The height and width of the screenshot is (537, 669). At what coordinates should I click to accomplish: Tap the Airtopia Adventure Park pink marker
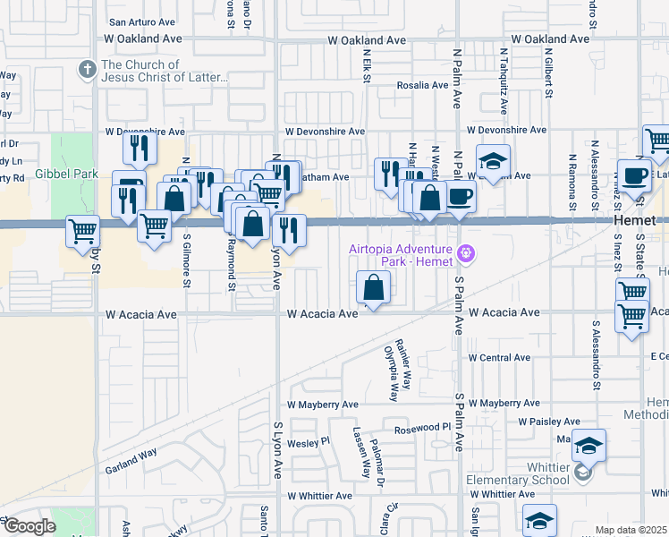coord(465,254)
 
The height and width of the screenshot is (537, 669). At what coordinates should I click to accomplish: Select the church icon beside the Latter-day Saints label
coord(88,69)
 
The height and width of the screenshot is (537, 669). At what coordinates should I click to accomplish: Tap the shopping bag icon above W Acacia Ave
coord(373,288)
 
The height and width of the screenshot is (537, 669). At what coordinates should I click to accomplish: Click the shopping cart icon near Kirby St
coord(82,231)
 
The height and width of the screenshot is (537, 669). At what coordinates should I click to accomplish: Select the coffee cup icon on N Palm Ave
coord(461,197)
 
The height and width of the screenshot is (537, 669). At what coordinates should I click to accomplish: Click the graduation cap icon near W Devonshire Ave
coord(492,161)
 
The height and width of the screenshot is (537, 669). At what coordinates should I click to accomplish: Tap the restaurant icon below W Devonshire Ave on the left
coord(138,149)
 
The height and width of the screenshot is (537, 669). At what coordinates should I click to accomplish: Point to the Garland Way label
coord(131,453)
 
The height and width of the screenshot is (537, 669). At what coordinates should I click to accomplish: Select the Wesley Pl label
coord(309,442)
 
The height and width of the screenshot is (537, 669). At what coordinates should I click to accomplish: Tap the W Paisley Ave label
coord(549,422)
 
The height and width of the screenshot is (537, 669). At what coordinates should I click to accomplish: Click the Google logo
coord(30,526)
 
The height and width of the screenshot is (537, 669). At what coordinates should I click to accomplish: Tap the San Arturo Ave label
coord(141,21)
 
